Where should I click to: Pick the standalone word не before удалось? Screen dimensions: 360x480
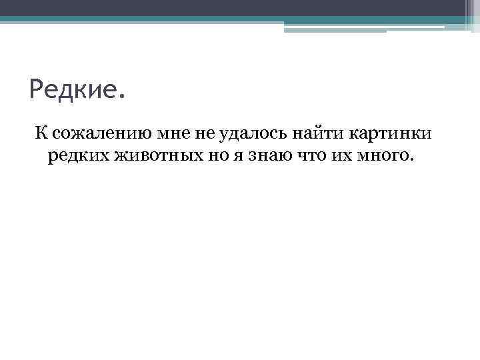pyautogui.click(x=204, y=134)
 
